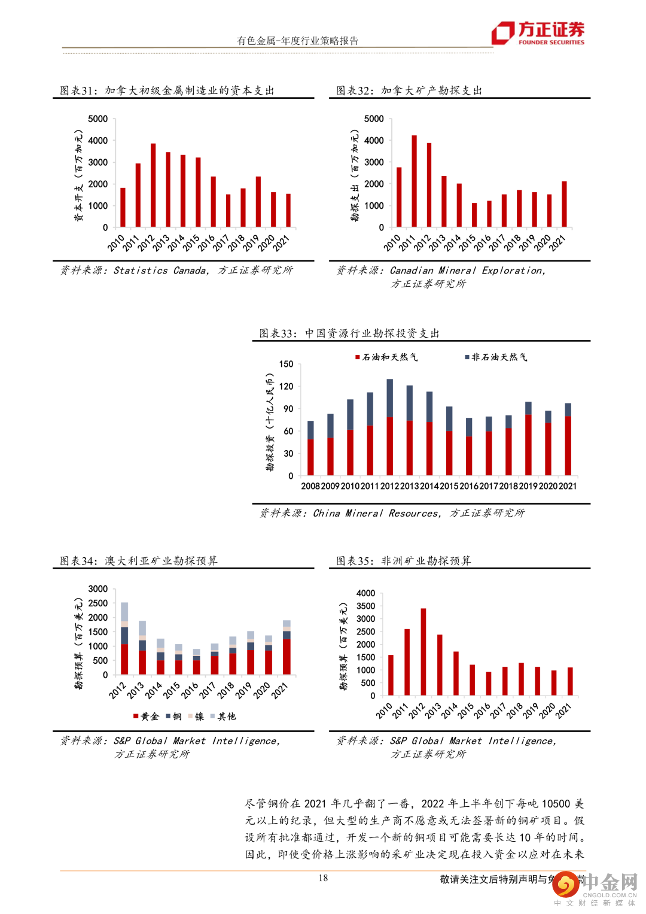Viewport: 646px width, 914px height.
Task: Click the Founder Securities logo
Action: coord(538,33)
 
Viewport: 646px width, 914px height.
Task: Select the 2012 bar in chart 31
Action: coord(153,186)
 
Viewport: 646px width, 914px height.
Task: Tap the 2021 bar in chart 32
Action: coord(564,204)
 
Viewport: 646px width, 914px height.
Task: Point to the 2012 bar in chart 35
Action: coord(423,652)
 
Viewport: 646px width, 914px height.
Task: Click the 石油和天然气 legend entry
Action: coord(387,357)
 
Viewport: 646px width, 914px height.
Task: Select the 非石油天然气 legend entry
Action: coord(496,357)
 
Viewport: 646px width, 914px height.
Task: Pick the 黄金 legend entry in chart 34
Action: coord(146,716)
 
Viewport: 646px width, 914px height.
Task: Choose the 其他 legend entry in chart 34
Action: coord(223,716)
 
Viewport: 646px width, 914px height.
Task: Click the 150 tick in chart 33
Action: coord(286,364)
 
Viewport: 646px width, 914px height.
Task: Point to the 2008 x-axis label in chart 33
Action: coord(310,486)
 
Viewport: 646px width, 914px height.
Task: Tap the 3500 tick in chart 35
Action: coord(365,606)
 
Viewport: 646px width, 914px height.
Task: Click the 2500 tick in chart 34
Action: coord(98,603)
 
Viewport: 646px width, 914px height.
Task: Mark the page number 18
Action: coord(323,878)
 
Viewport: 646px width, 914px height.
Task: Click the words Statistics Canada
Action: coord(160,271)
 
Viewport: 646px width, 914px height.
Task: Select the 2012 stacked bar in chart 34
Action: coord(124,638)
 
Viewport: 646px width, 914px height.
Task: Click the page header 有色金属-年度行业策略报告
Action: coord(298,41)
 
